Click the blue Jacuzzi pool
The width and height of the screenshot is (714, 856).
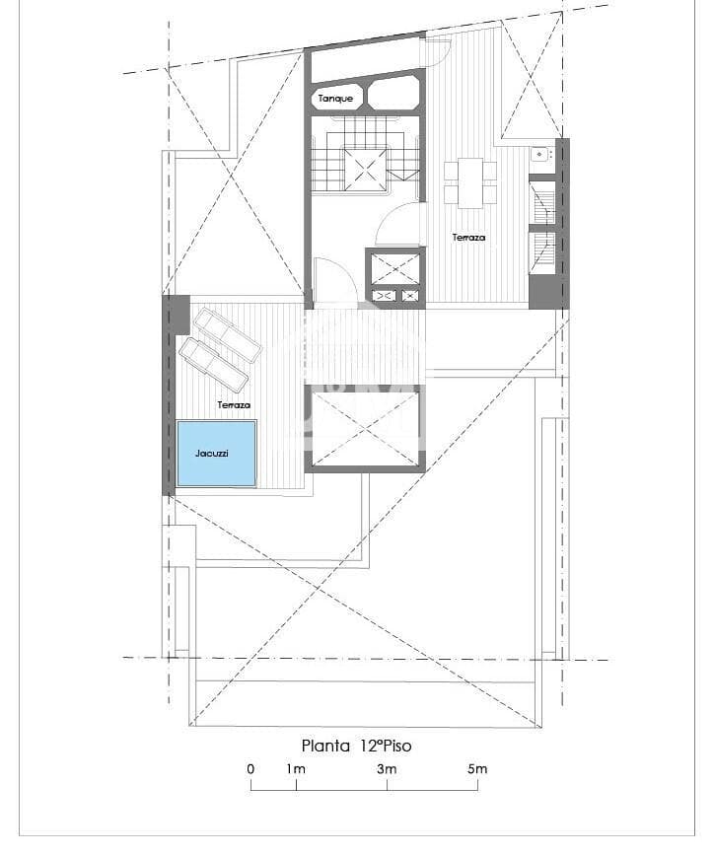[x=216, y=454]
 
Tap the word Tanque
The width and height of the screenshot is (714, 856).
[x=335, y=99]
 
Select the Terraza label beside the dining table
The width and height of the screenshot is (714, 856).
[x=468, y=238]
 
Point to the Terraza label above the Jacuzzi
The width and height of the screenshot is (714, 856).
[x=234, y=405]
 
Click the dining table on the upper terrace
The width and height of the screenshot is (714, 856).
[x=469, y=182]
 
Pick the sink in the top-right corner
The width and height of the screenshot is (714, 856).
[x=539, y=154]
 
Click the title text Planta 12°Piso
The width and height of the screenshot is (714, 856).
[x=356, y=746]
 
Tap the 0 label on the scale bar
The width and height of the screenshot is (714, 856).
[x=250, y=769]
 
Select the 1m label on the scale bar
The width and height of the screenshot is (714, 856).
[x=296, y=769]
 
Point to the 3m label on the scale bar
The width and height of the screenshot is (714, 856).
[x=387, y=769]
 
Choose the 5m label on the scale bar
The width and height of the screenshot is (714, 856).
[x=477, y=769]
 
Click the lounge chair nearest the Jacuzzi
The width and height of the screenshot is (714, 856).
[x=212, y=365]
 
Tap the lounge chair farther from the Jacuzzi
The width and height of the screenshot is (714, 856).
[x=228, y=334]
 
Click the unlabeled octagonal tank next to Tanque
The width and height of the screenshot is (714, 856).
[x=392, y=96]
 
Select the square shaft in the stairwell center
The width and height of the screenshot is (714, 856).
[x=362, y=169]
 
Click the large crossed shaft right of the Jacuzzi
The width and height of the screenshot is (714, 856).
[x=365, y=426]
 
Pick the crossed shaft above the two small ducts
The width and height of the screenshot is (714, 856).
[x=394, y=268]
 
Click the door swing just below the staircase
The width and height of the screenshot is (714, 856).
[x=399, y=226]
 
